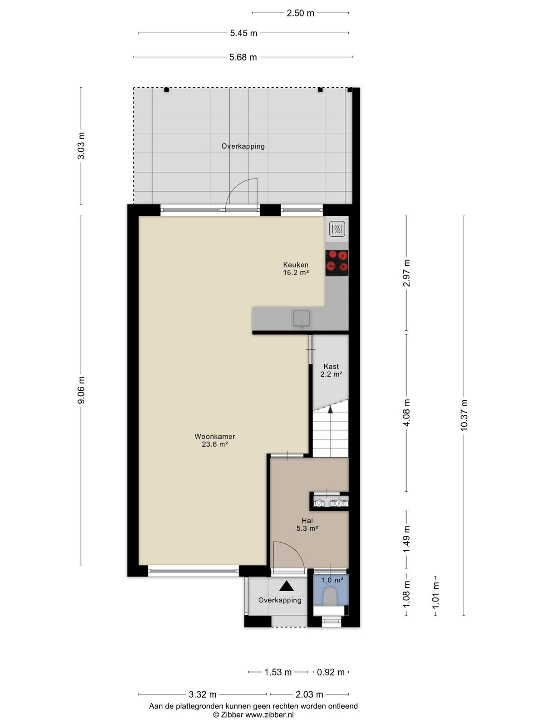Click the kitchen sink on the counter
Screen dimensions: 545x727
click(301, 319)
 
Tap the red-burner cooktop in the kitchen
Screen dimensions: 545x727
click(337, 263)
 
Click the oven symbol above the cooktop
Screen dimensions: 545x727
click(337, 229)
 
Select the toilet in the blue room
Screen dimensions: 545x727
click(329, 596)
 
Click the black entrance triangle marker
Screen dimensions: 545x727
click(286, 586)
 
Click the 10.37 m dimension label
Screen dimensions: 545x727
click(464, 415)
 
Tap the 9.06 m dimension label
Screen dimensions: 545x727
click(81, 390)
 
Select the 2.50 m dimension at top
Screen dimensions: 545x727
click(300, 13)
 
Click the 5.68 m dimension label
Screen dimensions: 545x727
click(243, 57)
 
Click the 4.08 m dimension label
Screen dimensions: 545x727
click(406, 413)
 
